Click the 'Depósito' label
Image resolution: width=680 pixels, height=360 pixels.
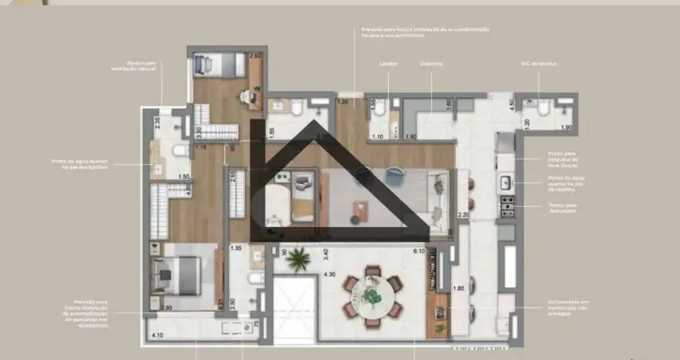point(431,62)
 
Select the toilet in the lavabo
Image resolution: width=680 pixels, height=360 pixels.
point(382,108)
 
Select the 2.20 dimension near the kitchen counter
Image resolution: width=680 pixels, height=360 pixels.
point(462,214)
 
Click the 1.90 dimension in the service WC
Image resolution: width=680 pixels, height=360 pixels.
point(566,128)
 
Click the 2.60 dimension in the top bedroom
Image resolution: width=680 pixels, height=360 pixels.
point(255,56)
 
